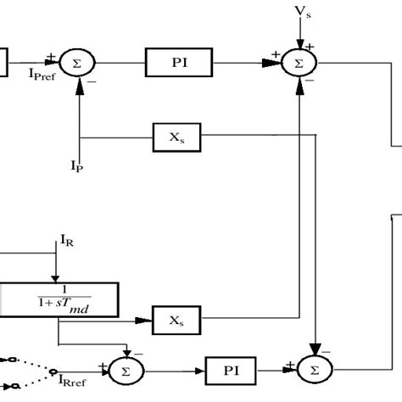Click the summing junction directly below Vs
(x=298, y=61)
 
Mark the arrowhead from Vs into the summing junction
(x=298, y=43)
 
